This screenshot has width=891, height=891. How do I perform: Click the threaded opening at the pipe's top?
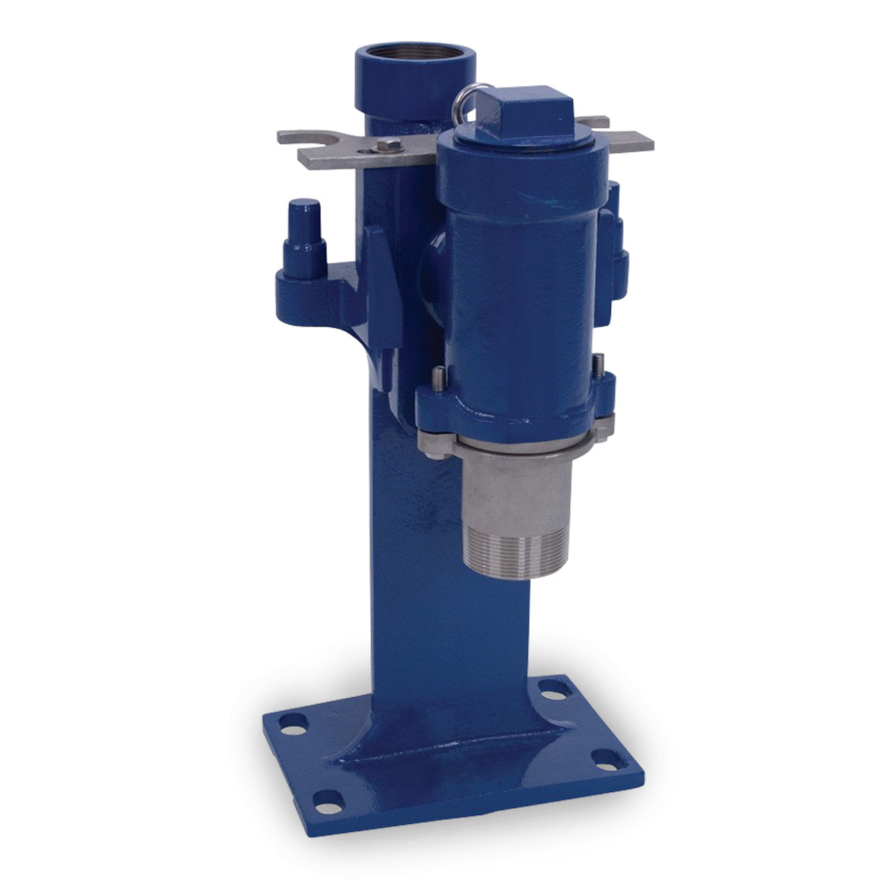pos(415,55)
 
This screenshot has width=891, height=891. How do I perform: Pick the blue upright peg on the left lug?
pos(304,237)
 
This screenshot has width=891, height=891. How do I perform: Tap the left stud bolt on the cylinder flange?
pos(439,379)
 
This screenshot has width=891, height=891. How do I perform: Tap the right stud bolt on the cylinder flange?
pos(597,365)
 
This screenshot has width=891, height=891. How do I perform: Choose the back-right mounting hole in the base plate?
pos(554,691)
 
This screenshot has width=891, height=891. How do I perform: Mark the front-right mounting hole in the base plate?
pos(606,763)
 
